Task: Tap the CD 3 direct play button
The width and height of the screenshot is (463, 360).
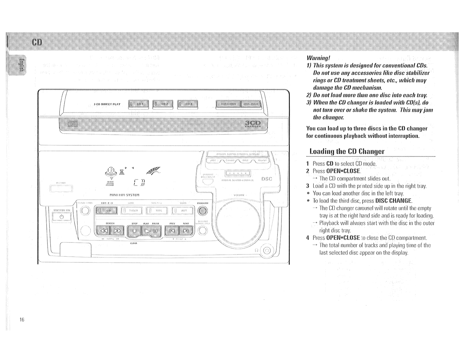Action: click(x=188, y=104)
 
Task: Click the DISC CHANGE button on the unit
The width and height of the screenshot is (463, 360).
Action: click(x=228, y=104)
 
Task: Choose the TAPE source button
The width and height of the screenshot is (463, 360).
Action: click(x=157, y=210)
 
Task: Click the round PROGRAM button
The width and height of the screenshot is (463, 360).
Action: click(x=203, y=210)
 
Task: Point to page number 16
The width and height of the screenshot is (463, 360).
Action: click(x=22, y=319)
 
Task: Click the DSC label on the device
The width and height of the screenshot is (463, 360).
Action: click(x=266, y=179)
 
